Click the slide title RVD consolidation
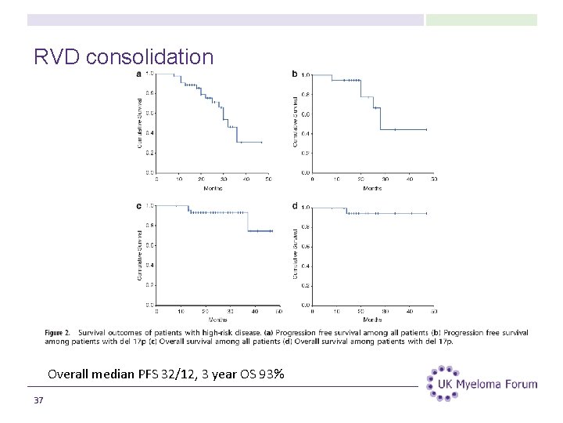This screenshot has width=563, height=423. coord(124,57)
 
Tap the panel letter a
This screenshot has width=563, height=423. coord(139,74)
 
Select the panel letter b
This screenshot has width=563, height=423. coord(295,74)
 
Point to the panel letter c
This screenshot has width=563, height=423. coord(139,206)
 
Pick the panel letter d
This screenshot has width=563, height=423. coord(295,206)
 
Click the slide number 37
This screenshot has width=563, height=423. coord(39,401)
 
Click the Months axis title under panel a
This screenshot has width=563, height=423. coord(213,188)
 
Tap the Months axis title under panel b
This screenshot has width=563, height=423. coord(372,188)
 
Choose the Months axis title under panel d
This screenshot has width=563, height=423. coord(372,320)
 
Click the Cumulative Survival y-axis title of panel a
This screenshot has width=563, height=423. coord(140,123)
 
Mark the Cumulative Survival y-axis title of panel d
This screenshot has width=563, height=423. coord(296,254)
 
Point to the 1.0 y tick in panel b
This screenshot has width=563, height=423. coord(306,75)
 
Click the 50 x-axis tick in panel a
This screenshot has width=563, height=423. coord(269,179)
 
